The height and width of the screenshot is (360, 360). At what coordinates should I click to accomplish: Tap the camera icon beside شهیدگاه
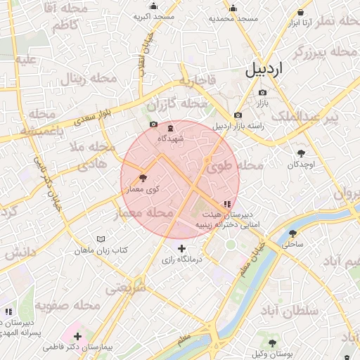(x=153, y=124)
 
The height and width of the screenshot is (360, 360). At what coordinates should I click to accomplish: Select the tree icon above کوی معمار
(x=144, y=178)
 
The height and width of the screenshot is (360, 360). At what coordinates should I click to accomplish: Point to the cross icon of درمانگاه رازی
(x=182, y=248)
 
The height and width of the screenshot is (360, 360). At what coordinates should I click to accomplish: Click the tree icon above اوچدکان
(x=302, y=153)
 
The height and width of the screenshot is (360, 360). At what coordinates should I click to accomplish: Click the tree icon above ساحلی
(x=293, y=234)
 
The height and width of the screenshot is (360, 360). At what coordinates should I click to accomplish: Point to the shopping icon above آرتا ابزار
(x=301, y=12)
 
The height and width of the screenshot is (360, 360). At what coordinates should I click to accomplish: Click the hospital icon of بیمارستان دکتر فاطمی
(x=77, y=335)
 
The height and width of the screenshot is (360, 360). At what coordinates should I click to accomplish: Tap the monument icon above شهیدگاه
(x=171, y=127)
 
